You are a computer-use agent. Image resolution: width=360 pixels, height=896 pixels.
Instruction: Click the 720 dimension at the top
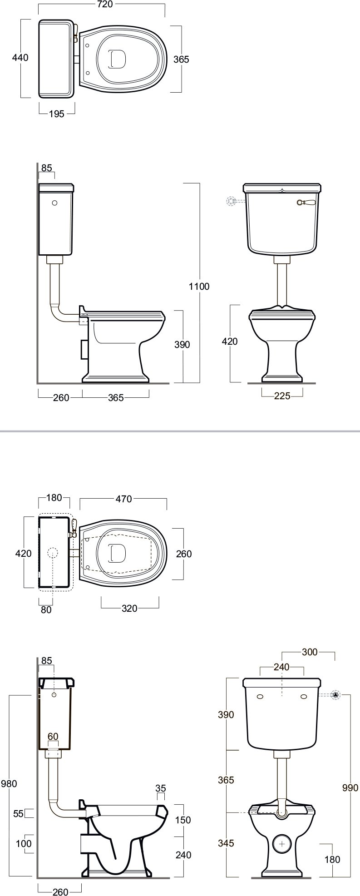104,5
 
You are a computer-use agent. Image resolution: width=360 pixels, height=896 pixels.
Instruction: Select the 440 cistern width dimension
20,58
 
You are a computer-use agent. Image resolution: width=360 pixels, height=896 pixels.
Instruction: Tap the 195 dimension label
56,114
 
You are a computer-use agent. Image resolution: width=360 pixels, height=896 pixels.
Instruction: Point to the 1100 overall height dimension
200,286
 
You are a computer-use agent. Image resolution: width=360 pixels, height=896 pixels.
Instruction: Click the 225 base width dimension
282,396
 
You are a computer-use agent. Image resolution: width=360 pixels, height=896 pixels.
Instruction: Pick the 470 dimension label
123,499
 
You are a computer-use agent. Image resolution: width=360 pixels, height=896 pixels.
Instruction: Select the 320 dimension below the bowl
129,609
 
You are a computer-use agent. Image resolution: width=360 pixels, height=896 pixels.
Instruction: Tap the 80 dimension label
46,610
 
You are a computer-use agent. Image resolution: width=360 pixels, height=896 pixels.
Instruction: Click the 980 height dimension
10,783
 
